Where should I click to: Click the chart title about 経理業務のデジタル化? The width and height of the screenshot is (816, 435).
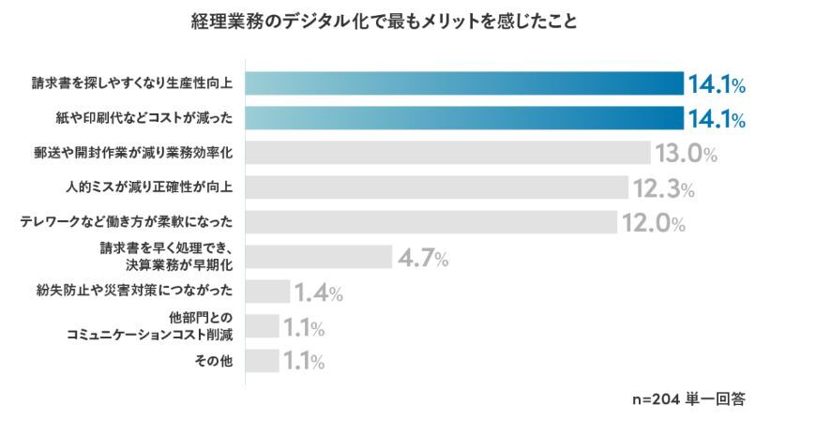click(385, 21)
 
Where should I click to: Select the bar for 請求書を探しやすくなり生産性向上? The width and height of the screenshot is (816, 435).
click(464, 83)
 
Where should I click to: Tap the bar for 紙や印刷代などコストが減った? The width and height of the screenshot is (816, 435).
click(464, 118)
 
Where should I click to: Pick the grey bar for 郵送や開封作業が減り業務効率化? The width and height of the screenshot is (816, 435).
click(448, 153)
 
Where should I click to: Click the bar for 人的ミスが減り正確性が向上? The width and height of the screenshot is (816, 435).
click(437, 187)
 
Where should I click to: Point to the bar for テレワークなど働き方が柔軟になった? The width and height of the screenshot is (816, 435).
click(431, 222)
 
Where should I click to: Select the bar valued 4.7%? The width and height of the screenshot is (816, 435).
click(319, 257)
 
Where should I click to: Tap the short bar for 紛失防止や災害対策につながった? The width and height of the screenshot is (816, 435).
click(268, 292)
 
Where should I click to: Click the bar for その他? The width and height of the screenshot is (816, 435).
click(263, 361)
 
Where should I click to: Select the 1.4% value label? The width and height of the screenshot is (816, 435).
click(319, 292)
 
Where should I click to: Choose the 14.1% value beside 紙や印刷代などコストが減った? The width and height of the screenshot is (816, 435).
click(718, 119)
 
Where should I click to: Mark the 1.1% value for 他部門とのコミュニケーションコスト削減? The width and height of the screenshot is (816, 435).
click(304, 327)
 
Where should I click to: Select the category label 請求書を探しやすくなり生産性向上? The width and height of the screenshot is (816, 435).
click(131, 83)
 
